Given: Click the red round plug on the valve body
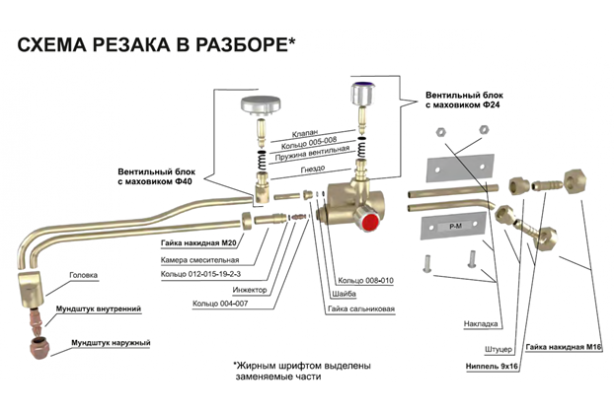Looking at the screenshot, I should [373, 223].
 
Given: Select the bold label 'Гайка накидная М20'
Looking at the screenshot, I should [200, 241].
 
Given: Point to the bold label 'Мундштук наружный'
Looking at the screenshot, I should [110, 343].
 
